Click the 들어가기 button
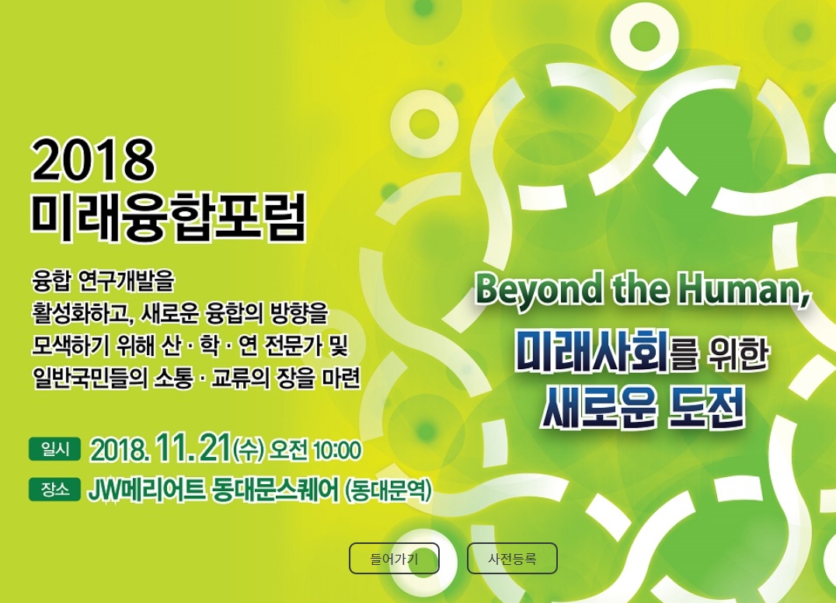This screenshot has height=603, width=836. [x=394, y=558]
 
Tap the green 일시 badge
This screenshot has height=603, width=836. [x=55, y=449]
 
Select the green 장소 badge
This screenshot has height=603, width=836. [x=55, y=490]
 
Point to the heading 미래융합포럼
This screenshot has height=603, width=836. [x=169, y=218]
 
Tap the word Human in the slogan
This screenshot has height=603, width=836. [x=744, y=290]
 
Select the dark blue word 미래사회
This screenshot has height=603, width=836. [x=592, y=352]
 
